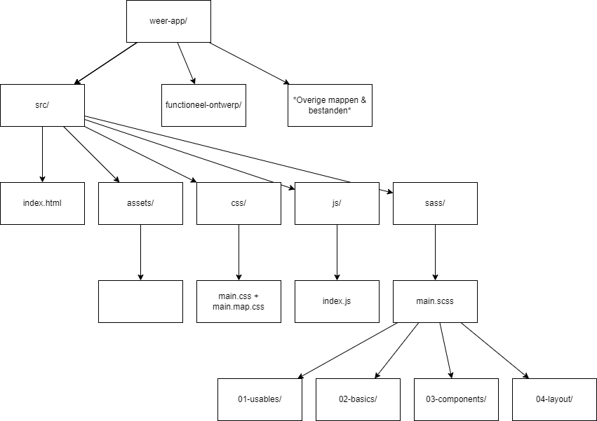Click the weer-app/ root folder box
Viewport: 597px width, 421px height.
point(168,21)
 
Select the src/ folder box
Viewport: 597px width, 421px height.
point(42,105)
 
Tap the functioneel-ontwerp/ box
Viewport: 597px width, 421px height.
point(203,105)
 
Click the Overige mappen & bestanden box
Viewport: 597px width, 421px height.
point(330,105)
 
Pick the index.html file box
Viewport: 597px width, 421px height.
point(42,203)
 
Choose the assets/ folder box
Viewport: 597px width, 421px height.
point(140,203)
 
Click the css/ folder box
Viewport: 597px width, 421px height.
point(239,203)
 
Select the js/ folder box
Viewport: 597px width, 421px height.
point(337,203)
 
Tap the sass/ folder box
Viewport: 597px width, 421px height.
point(435,203)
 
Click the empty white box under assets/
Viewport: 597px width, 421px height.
point(140,301)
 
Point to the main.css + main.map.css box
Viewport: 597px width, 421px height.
point(239,301)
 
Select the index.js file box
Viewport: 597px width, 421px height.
point(337,301)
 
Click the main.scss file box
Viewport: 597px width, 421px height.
point(435,301)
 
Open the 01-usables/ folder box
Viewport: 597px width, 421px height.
point(260,399)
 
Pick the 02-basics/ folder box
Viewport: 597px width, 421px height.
point(358,399)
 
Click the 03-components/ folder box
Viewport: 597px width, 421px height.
point(456,399)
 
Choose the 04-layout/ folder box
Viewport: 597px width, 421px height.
point(554,399)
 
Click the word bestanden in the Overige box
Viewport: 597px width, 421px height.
point(330,111)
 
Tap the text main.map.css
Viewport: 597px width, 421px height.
point(239,307)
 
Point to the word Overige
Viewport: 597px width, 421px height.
point(311,100)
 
